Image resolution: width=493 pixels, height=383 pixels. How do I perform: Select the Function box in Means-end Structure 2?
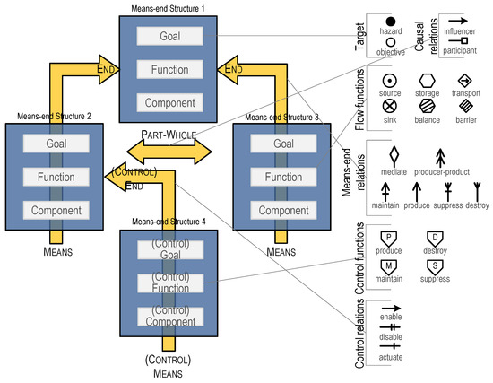pyautogui.click(x=56, y=177)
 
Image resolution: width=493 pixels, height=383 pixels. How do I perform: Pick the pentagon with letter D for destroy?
pyautogui.click(x=435, y=239)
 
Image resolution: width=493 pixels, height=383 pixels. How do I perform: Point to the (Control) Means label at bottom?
pyautogui.click(x=169, y=365)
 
